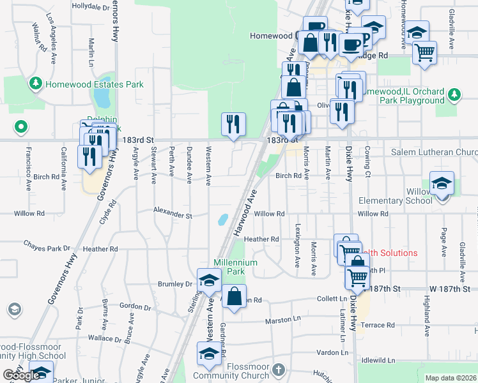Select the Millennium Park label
pos(236,267)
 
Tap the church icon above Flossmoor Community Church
pos(277,370)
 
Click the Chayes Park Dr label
pos(47,246)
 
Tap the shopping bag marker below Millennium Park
pos(235,296)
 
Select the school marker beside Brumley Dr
pos(209,280)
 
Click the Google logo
pos(21,375)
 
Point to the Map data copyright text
pos(451,378)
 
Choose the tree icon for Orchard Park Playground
pos(454,95)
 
